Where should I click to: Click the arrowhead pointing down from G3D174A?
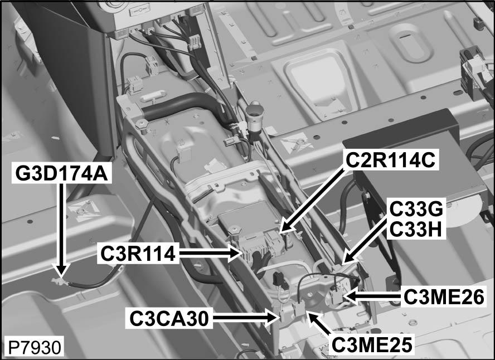[61, 273]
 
